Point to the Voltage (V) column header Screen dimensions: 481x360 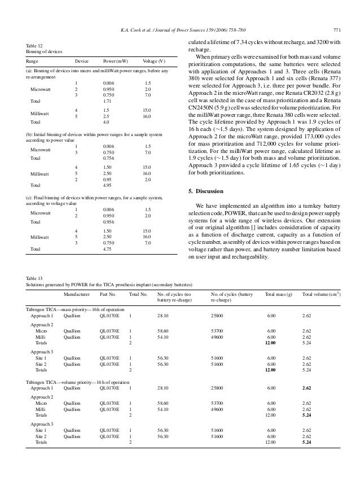(x=154, y=61)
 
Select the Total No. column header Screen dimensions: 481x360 (x=138, y=294)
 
